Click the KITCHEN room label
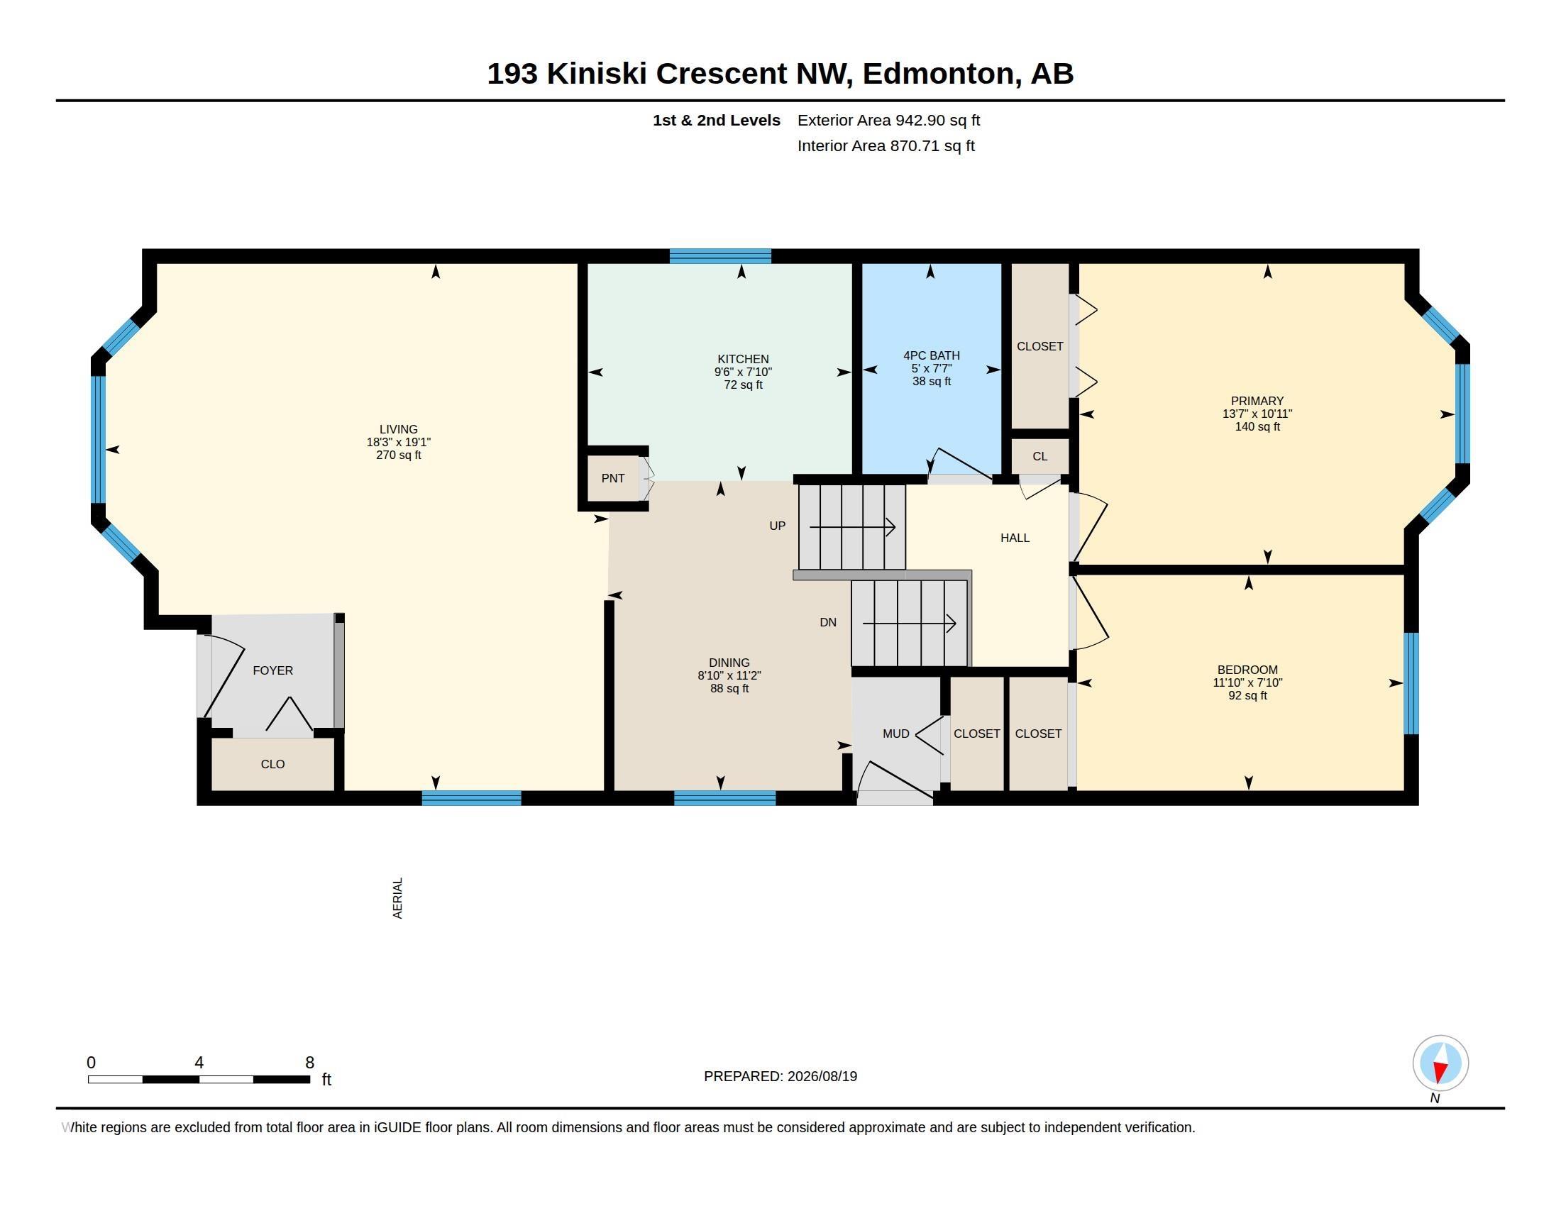tap(743, 360)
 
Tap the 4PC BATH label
tap(932, 356)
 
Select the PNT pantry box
tap(612, 479)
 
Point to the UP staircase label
tap(777, 526)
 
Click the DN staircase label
tap(827, 622)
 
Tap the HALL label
tap(1015, 538)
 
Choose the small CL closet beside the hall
tap(1040, 456)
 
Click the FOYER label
tap(273, 670)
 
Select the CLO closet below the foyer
tap(273, 765)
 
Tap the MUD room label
tap(895, 734)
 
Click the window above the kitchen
tap(720, 256)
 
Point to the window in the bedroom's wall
tap(1411, 683)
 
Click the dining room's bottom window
tap(724, 798)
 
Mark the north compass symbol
tap(1440, 1063)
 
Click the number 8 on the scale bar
tap(309, 1063)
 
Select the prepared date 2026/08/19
tap(822, 1077)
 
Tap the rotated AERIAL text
tap(398, 898)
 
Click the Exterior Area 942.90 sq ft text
tap(888, 121)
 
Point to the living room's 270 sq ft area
tap(399, 455)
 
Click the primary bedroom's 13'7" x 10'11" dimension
tap(1257, 414)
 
